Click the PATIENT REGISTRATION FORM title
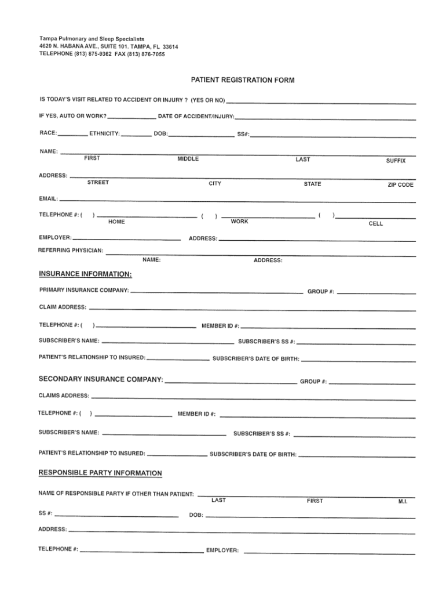(x=243, y=80)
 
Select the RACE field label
(x=47, y=133)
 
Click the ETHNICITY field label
(x=105, y=134)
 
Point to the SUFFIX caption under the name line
(x=396, y=161)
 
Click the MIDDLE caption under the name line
(x=188, y=159)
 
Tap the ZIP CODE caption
(x=400, y=185)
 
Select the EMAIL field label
(x=47, y=200)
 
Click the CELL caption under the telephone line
(x=375, y=223)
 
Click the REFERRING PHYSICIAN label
(x=71, y=251)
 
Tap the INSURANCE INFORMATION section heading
(x=85, y=273)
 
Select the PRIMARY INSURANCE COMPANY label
(x=84, y=289)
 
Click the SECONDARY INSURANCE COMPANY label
(x=100, y=379)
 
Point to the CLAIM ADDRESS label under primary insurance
(x=63, y=306)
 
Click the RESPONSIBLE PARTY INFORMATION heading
(x=100, y=473)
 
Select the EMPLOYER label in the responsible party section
(x=222, y=550)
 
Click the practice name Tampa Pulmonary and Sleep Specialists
(x=92, y=38)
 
